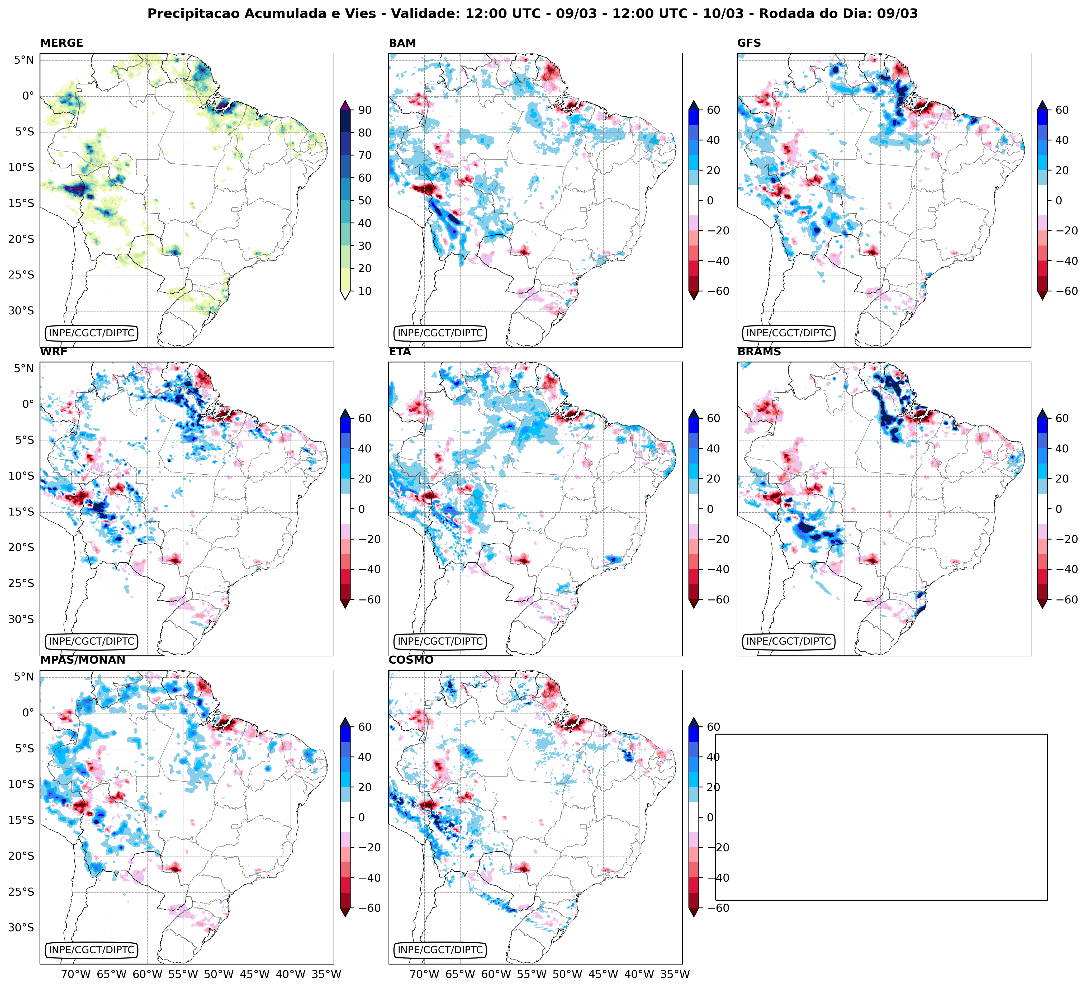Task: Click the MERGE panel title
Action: point(61,43)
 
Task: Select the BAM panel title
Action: point(402,43)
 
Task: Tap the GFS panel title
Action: point(749,43)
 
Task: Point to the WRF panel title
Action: point(54,352)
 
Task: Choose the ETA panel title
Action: point(400,352)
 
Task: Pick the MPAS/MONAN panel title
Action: point(82,660)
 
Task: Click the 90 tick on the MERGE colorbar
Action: point(365,110)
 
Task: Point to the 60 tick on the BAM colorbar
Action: point(713,110)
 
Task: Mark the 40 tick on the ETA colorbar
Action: point(713,449)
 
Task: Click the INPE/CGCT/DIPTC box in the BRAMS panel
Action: point(789,642)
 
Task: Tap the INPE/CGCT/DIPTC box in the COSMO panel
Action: point(440,950)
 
